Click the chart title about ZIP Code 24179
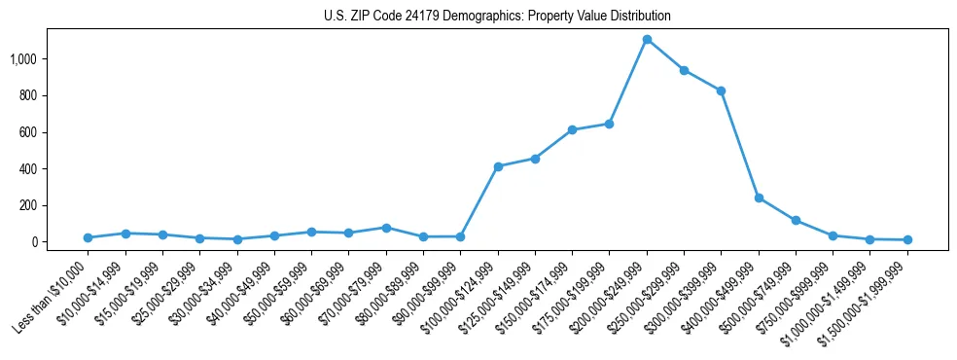pyautogui.click(x=497, y=17)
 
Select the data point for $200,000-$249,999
pyautogui.click(x=647, y=40)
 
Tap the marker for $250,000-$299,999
pyautogui.click(x=684, y=70)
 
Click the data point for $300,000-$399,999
pyautogui.click(x=721, y=90)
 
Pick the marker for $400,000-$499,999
pyautogui.click(x=759, y=198)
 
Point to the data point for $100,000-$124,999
pyautogui.click(x=498, y=166)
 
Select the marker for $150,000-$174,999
pyautogui.click(x=572, y=129)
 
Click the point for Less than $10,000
pyautogui.click(x=88, y=237)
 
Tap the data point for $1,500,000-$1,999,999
pyautogui.click(x=907, y=239)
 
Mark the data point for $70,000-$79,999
pyautogui.click(x=386, y=228)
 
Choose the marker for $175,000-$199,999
pyautogui.click(x=609, y=124)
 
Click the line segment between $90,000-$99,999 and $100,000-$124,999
pyautogui.click(x=479, y=201)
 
